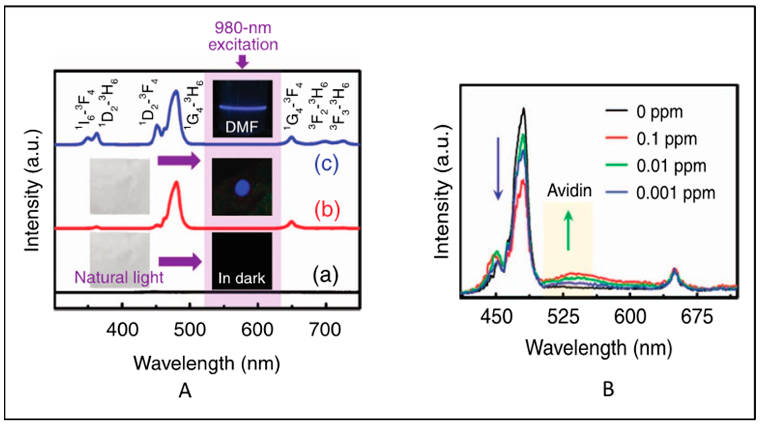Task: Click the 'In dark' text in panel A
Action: (242, 278)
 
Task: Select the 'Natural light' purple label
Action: (119, 277)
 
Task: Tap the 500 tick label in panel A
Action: (190, 330)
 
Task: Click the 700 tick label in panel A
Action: (325, 330)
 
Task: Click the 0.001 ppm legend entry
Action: (675, 193)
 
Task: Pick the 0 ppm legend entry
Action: (659, 112)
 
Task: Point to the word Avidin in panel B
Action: (569, 191)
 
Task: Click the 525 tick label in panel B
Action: (563, 317)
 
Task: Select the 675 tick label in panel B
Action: (697, 317)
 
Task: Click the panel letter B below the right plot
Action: (608, 389)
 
